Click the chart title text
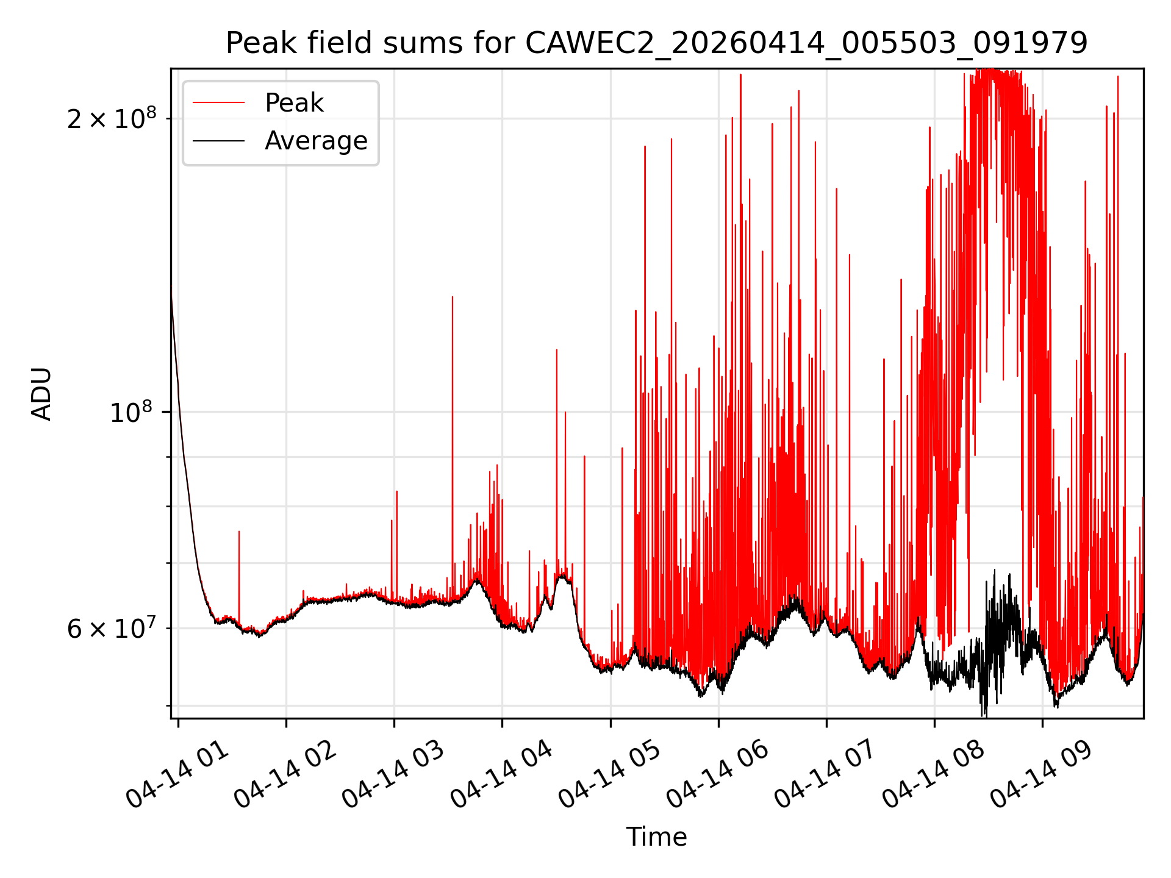(x=657, y=43)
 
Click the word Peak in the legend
(x=294, y=103)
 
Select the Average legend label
(x=316, y=141)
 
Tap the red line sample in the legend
(x=218, y=103)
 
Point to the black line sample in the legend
(x=218, y=141)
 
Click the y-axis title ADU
(x=41, y=394)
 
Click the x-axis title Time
(x=657, y=837)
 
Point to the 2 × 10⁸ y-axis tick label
(x=112, y=118)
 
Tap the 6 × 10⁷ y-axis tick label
(x=112, y=628)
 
